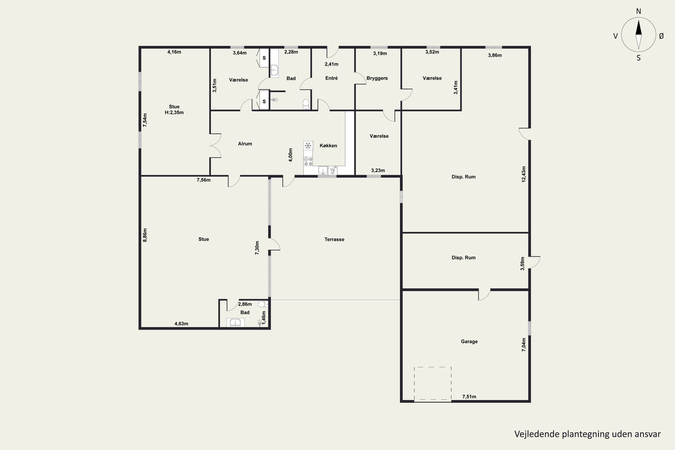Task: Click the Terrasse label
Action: pyautogui.click(x=334, y=239)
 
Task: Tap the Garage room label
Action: pyautogui.click(x=469, y=342)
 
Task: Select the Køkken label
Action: pyautogui.click(x=328, y=146)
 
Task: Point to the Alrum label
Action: pyautogui.click(x=245, y=144)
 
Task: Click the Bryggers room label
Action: pyautogui.click(x=377, y=78)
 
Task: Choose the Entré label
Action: pyautogui.click(x=331, y=78)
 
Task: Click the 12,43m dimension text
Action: pyautogui.click(x=524, y=174)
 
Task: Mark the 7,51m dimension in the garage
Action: pyautogui.click(x=469, y=397)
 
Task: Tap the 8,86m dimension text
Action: pyautogui.click(x=145, y=235)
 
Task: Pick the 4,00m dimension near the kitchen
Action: pyautogui.click(x=290, y=155)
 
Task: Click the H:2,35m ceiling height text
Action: pyautogui.click(x=174, y=112)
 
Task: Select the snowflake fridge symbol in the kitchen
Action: pyautogui.click(x=308, y=146)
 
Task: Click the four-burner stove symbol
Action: pyautogui.click(x=308, y=161)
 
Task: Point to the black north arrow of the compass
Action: pyautogui.click(x=639, y=27)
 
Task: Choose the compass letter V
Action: pyautogui.click(x=615, y=36)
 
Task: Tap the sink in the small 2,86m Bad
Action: pyautogui.click(x=235, y=323)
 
